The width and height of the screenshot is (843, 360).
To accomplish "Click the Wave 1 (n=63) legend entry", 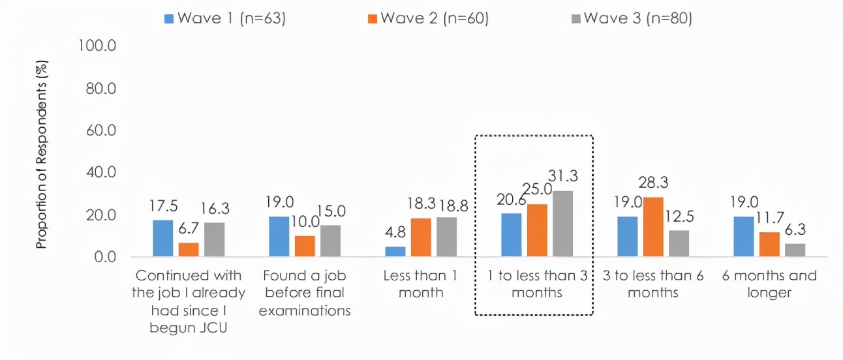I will point(225,18).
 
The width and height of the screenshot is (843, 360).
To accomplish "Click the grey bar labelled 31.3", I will point(562,224).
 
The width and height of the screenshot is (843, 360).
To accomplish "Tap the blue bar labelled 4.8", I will point(395,251).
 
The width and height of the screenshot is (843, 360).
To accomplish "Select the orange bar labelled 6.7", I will point(189,250).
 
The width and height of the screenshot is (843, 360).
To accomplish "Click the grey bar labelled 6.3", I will point(795,250).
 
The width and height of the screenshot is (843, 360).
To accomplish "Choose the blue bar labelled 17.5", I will point(163,238).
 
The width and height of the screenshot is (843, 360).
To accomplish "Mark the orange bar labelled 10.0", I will point(305,246).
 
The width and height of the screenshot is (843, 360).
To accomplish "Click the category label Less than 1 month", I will point(420,284).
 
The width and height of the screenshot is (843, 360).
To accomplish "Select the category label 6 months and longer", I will point(769,284).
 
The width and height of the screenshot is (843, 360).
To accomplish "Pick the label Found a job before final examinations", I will point(305,293).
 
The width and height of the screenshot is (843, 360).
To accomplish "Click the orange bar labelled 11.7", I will point(769,245).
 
